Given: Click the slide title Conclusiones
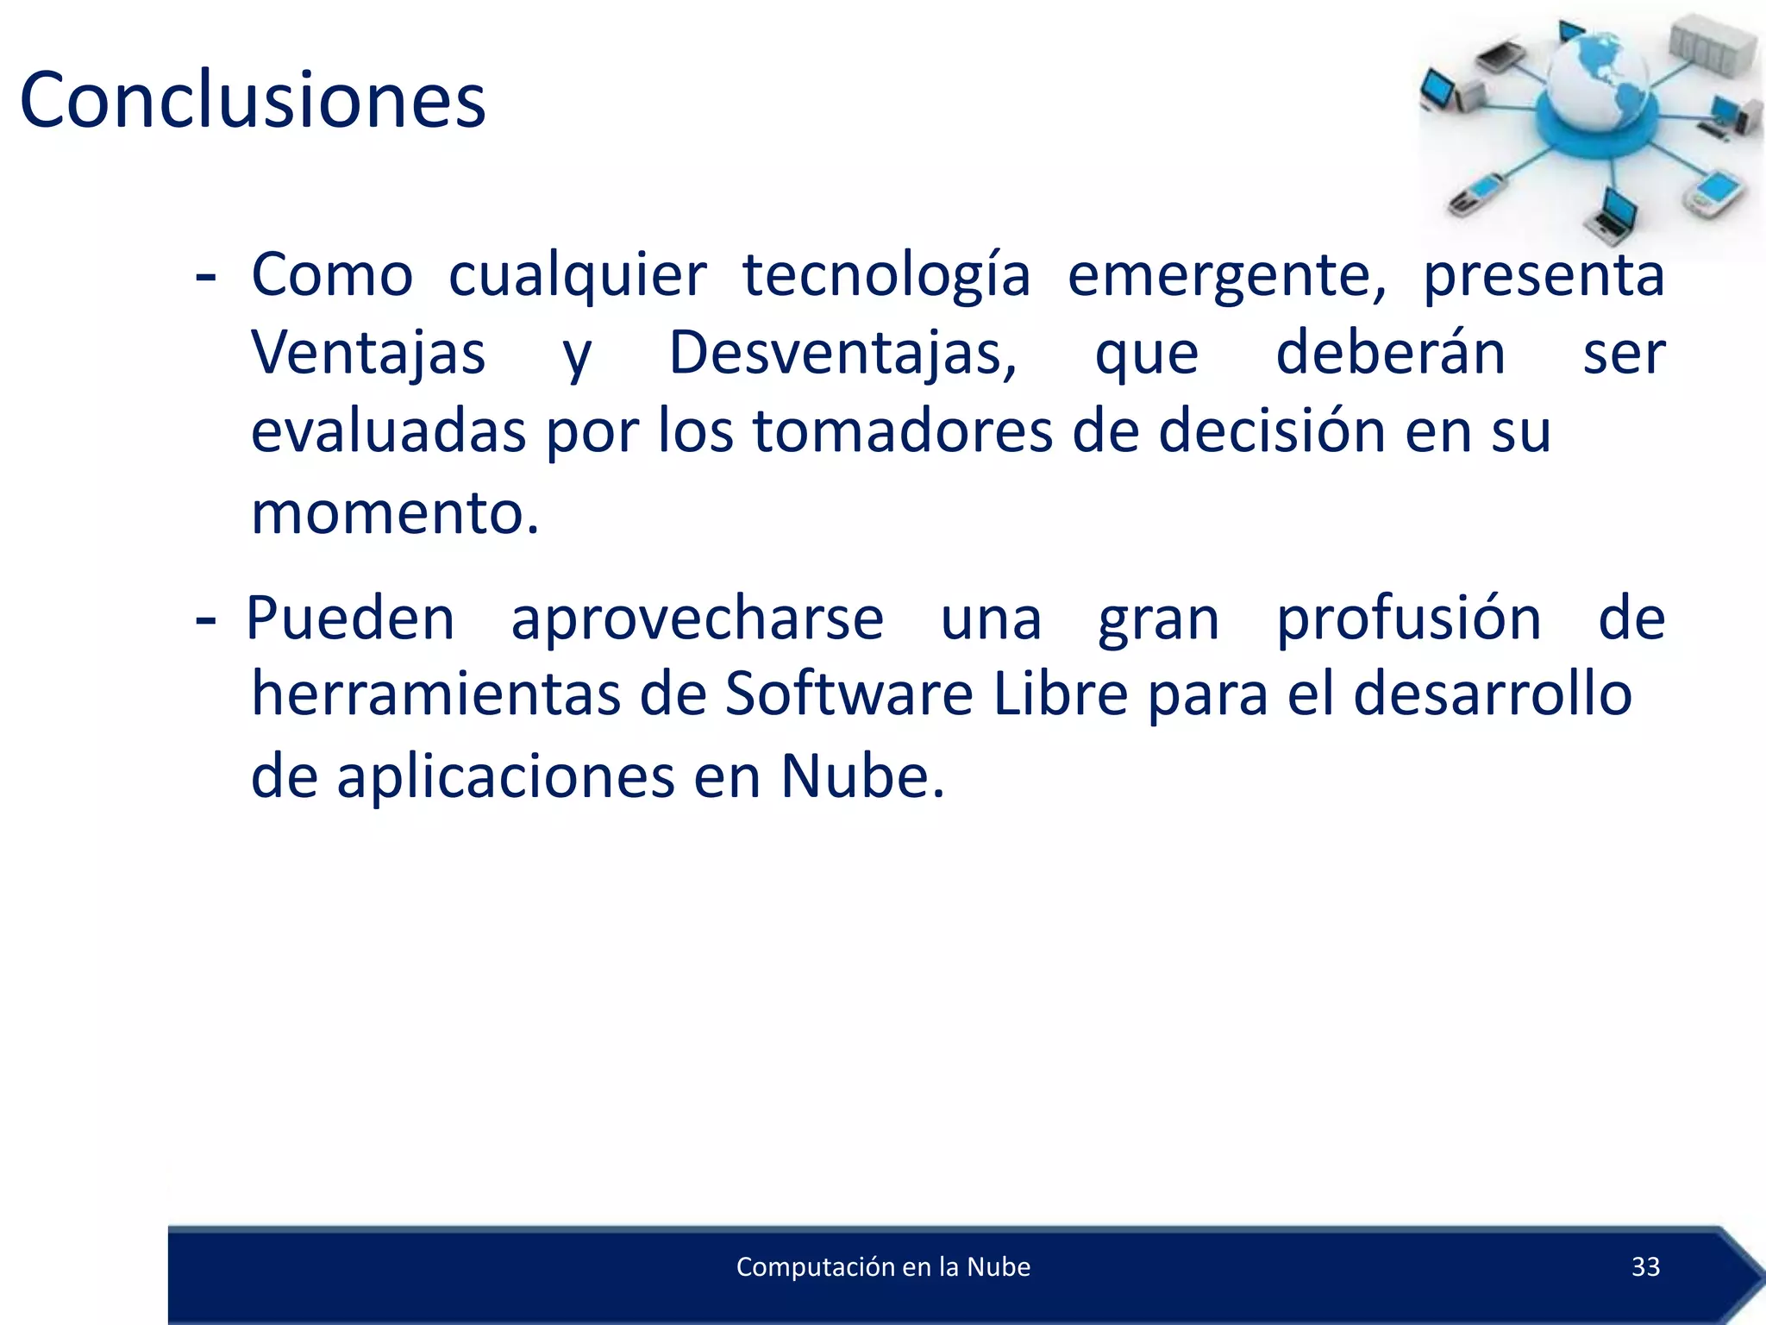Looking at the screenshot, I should click(x=253, y=101).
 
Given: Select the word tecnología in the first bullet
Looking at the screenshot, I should click(x=886, y=276).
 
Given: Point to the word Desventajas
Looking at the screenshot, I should click(x=842, y=354).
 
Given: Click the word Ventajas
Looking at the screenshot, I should click(x=368, y=354).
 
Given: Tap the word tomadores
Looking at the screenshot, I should click(x=902, y=431).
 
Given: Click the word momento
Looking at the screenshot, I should click(x=394, y=513).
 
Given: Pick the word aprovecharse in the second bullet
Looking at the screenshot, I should click(x=697, y=619).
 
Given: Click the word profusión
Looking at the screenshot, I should click(x=1408, y=619).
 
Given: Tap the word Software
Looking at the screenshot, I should click(x=849, y=694).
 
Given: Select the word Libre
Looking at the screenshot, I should click(x=1060, y=694).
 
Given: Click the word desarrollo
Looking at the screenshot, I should click(x=1492, y=694).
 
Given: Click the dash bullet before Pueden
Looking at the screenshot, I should click(x=205, y=619).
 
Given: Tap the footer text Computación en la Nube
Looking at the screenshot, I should click(x=883, y=1266).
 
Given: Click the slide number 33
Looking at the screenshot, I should click(x=1645, y=1266).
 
